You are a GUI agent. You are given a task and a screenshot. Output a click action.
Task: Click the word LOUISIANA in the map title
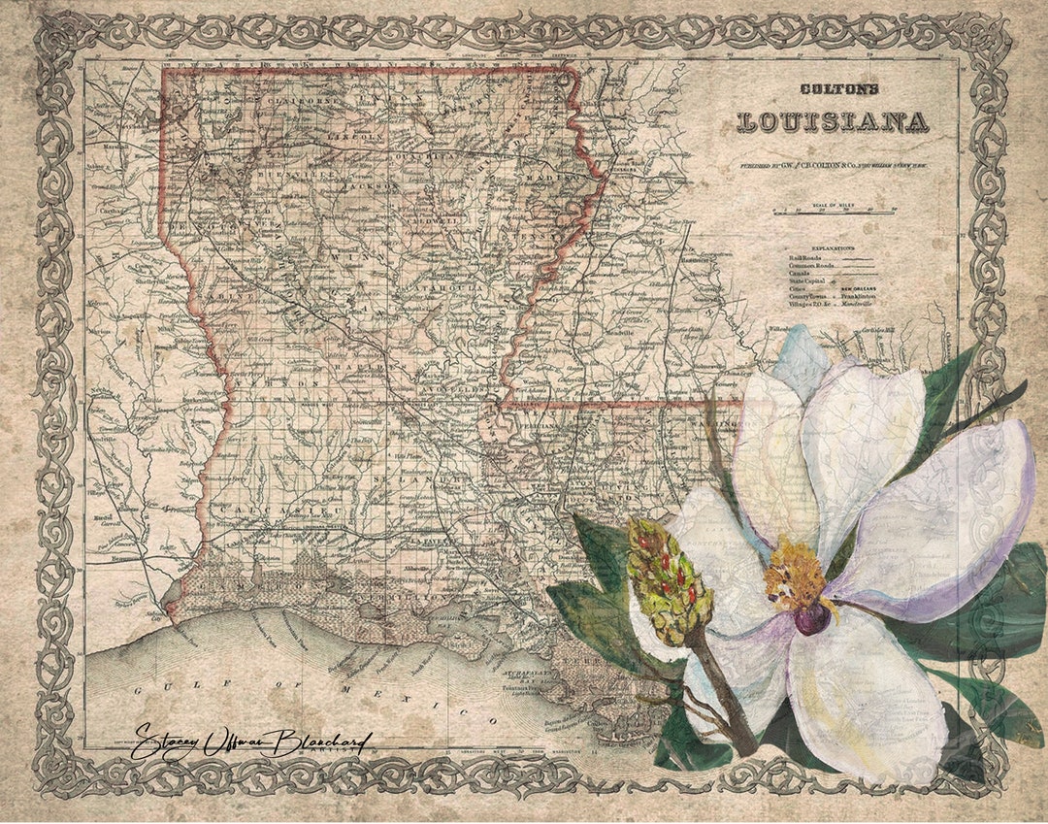(833, 122)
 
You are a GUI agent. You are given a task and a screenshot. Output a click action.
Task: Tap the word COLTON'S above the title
(839, 89)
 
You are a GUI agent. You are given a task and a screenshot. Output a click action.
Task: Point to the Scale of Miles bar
(834, 210)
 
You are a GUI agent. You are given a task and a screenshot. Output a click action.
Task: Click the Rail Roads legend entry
(805, 257)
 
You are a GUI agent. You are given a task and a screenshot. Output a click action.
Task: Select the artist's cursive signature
(250, 742)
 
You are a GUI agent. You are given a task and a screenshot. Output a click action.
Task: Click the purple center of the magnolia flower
(811, 617)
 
